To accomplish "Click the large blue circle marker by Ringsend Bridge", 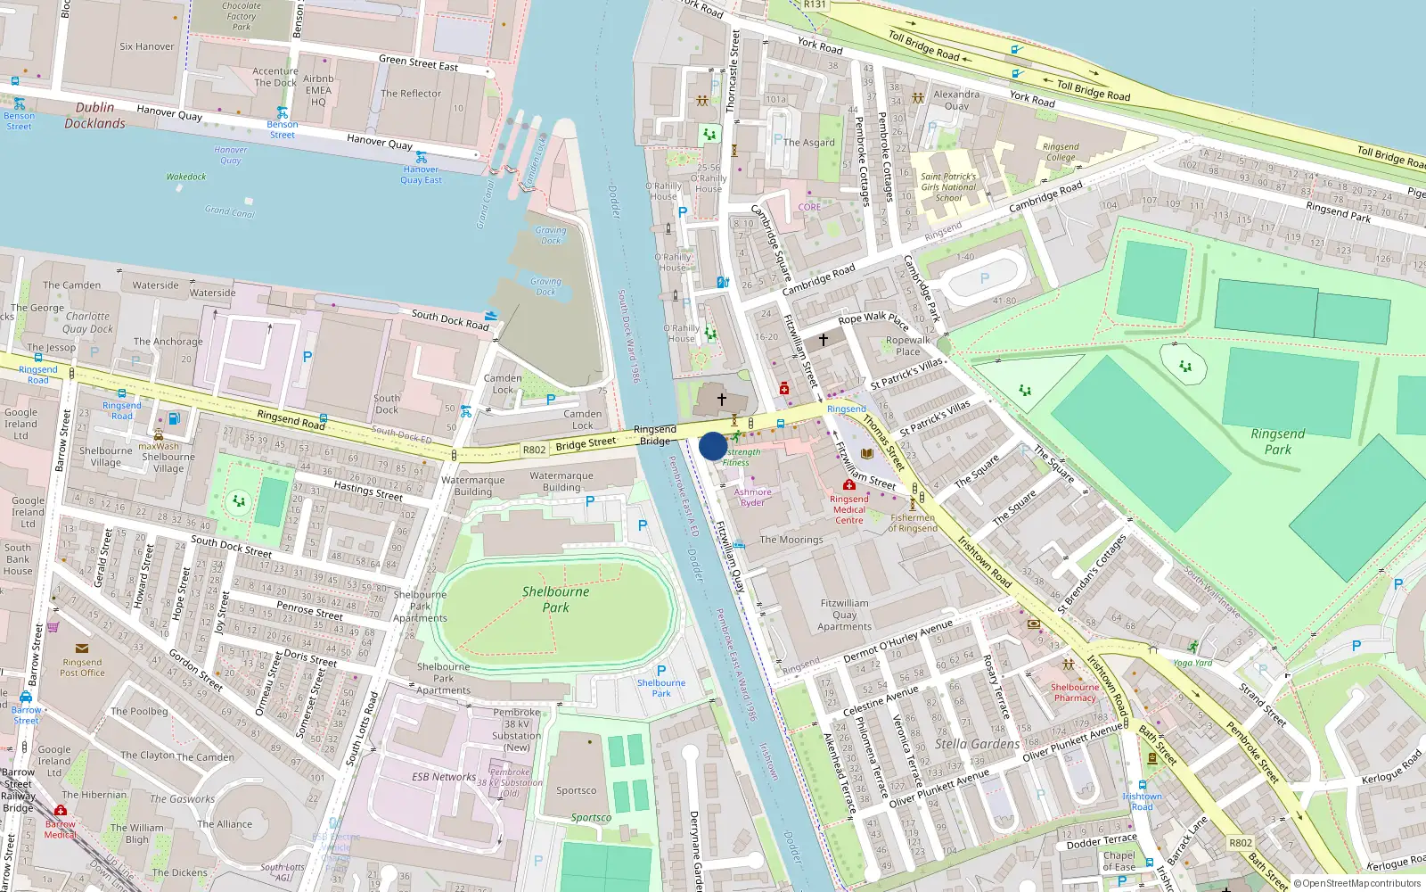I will tap(713, 446).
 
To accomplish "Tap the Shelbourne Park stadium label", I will tap(555, 599).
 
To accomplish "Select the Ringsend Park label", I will tap(1277, 442).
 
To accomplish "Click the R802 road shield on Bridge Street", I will tap(534, 450).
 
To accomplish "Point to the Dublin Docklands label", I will tap(94, 115).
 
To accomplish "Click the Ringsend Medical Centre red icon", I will tap(849, 485).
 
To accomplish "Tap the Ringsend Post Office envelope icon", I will tap(82, 648).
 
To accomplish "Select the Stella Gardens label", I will tap(977, 744).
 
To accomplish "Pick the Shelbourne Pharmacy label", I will tap(1074, 692).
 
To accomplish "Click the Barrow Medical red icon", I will tap(61, 811).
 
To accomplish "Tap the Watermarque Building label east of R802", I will tap(561, 482).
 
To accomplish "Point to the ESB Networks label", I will tap(444, 777).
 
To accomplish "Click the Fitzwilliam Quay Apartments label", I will tap(844, 615).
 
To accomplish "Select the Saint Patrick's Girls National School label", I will tap(948, 187).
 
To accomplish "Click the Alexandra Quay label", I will tap(956, 100).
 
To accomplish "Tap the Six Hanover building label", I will tap(147, 46).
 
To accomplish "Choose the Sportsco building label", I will tap(577, 790).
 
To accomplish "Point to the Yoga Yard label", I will tap(1192, 663).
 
